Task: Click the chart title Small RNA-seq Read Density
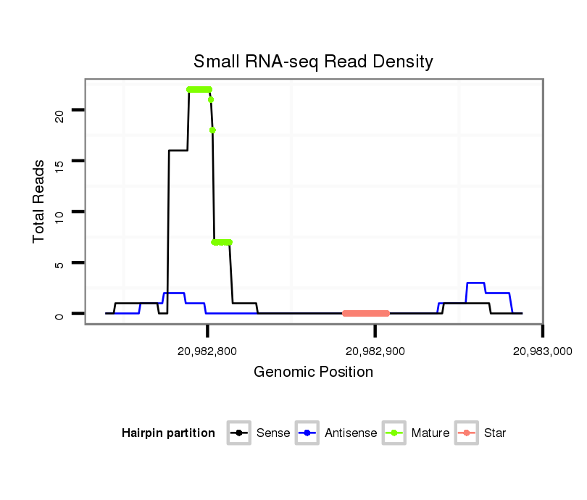click(x=313, y=62)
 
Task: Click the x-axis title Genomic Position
click(x=313, y=372)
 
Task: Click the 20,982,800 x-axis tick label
click(x=207, y=351)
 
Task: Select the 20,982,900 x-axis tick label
click(x=375, y=351)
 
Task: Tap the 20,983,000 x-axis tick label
click(x=542, y=351)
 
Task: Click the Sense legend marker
click(x=239, y=433)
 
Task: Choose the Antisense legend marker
click(x=308, y=433)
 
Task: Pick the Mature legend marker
click(x=395, y=433)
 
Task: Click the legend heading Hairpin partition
click(x=168, y=433)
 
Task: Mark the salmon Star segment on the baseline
click(x=366, y=314)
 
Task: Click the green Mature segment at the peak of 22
click(x=199, y=89)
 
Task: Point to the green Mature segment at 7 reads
click(x=222, y=242)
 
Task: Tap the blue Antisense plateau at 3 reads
click(x=475, y=283)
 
